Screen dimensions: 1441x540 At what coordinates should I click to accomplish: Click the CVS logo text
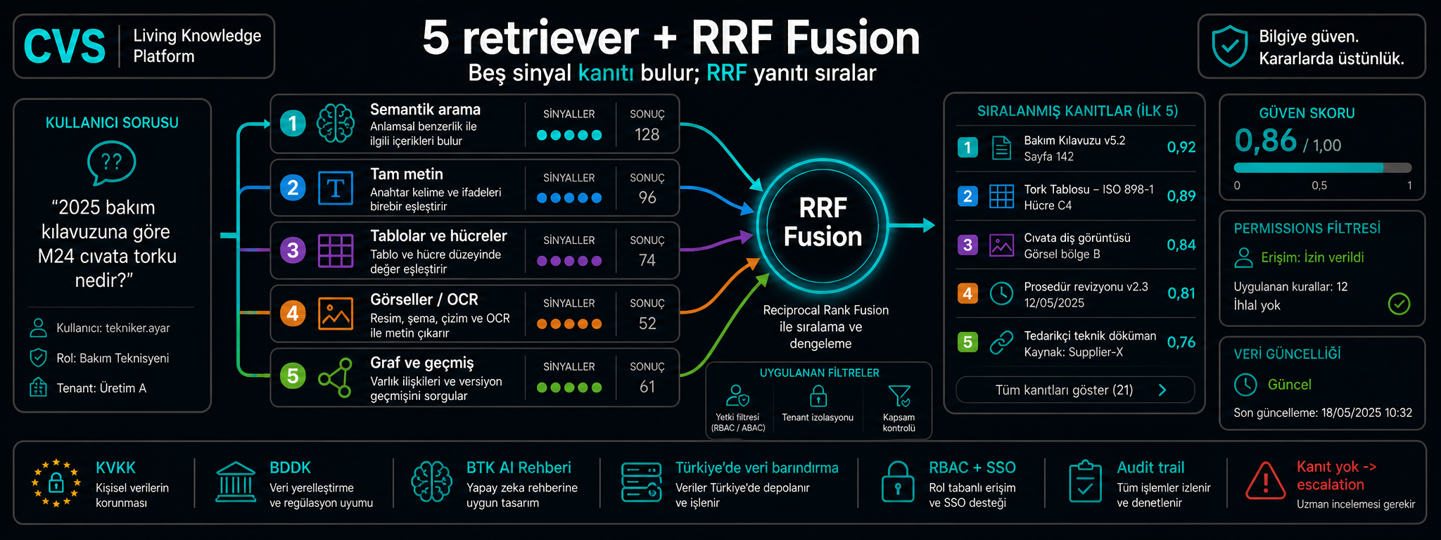coord(65,46)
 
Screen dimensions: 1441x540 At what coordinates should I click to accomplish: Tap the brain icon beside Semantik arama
coord(336,124)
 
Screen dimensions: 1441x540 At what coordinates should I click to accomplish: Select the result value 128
coord(647,134)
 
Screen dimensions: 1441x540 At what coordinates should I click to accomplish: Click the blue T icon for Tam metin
coord(336,188)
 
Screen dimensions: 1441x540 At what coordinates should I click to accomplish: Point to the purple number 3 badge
coord(293,250)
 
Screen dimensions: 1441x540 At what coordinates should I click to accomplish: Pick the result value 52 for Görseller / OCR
coord(647,323)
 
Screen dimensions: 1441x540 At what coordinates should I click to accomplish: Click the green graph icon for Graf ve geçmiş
coord(335,378)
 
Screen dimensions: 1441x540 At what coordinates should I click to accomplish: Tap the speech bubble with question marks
coord(111,163)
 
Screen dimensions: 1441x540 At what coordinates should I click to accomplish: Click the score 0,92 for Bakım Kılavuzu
coord(1181,147)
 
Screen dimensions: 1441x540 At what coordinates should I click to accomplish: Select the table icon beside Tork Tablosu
coord(1001,196)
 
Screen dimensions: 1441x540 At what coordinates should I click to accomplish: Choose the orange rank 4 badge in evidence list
coord(967,293)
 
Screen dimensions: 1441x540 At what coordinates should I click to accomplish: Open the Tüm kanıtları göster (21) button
coord(1074,390)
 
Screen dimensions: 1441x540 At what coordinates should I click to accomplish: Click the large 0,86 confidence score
coord(1265,141)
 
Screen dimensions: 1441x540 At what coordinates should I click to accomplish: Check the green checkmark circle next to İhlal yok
coord(1399,304)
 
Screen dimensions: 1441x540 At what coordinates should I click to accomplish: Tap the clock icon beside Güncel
coord(1245,385)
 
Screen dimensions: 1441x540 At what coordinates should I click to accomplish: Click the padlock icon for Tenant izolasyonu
coord(818,397)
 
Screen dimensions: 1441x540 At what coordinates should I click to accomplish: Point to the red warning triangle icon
coord(1265,481)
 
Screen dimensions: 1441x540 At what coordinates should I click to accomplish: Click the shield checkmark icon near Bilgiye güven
coord(1229,46)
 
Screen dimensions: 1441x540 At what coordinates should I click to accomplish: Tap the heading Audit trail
coord(1150,468)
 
